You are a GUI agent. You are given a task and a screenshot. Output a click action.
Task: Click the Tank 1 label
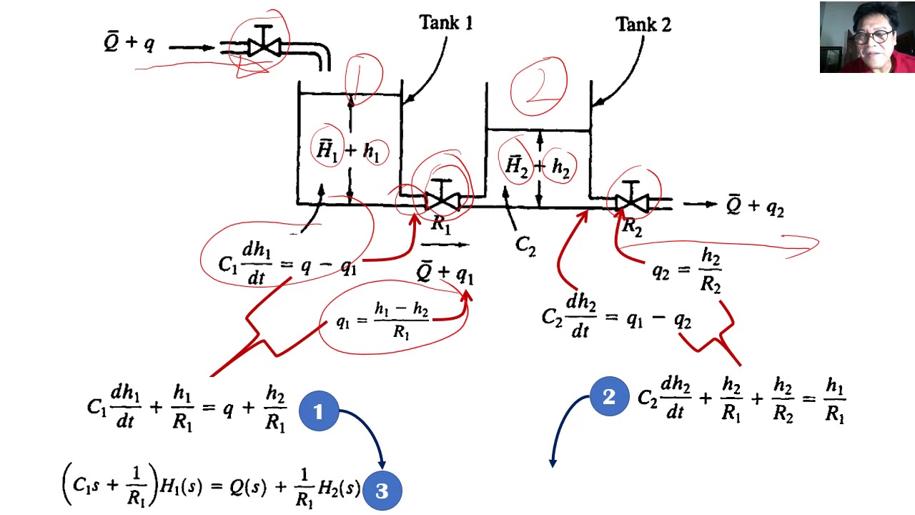point(445,23)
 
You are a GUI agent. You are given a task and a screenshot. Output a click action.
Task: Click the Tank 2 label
point(643,25)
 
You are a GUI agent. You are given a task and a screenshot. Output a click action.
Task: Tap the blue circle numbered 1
point(318,411)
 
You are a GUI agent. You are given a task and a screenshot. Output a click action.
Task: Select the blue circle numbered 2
point(609,397)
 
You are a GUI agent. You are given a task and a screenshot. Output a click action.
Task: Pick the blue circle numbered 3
point(382,491)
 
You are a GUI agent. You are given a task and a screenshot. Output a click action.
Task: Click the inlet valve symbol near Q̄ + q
point(264,45)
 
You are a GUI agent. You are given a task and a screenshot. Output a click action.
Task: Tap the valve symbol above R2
point(630,200)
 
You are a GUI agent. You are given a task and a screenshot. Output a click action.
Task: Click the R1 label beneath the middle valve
point(441,225)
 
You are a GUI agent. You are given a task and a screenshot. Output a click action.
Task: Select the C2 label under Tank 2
point(525,245)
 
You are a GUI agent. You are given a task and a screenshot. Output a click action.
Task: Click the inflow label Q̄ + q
point(129,43)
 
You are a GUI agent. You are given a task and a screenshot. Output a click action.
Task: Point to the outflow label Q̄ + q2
point(755,206)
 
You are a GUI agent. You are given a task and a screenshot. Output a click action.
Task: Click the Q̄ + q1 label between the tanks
point(445,273)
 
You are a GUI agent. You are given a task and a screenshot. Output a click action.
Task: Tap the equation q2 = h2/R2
point(687,271)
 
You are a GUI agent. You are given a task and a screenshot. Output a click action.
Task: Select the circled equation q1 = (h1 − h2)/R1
point(384,321)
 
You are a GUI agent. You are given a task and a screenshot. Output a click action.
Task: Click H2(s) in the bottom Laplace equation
point(339,489)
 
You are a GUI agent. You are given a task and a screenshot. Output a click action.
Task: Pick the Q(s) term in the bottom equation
point(247,487)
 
